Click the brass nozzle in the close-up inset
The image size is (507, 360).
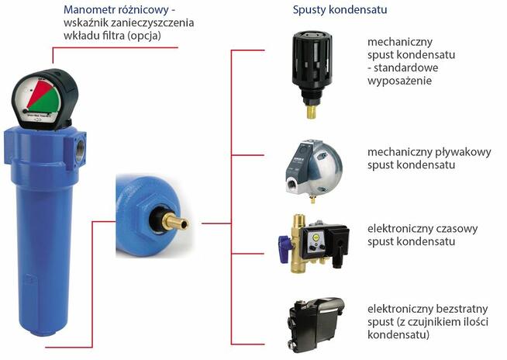pos(175,222)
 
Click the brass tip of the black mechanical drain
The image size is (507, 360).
pos(311,112)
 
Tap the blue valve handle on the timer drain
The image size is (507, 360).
pos(285,244)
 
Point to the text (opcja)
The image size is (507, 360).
pos(144,35)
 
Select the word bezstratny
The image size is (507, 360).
pos(462,309)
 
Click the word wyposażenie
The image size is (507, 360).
pos(400,81)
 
